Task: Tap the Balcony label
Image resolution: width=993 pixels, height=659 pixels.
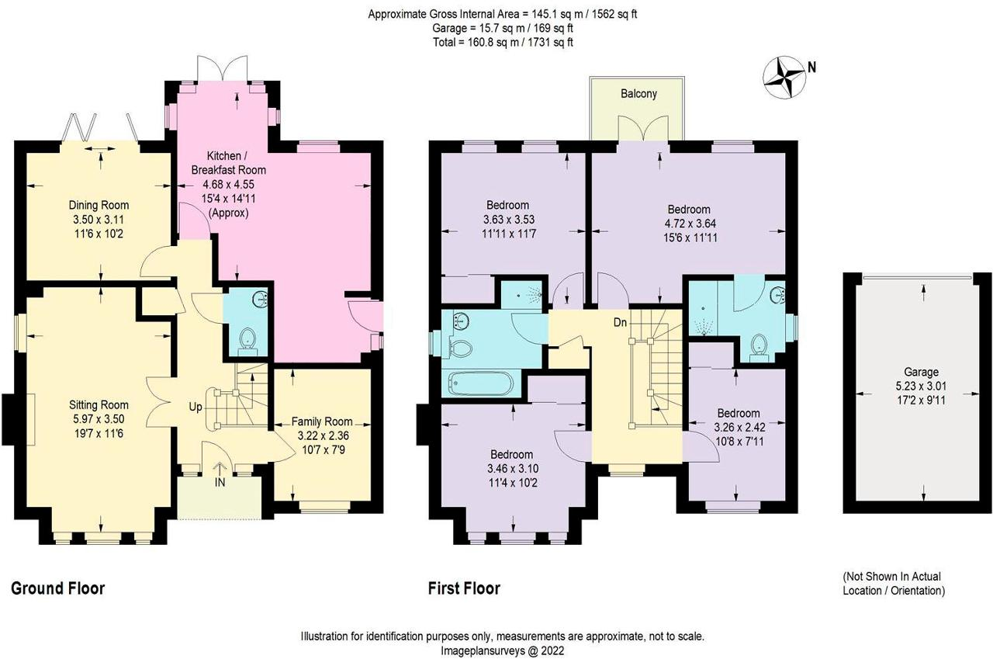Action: [638, 94]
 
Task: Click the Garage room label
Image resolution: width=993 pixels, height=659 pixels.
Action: [920, 372]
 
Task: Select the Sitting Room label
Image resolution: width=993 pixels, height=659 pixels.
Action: [99, 404]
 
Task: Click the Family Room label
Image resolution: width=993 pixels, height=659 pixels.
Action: [322, 421]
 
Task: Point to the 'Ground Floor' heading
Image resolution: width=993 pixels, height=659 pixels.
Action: [57, 588]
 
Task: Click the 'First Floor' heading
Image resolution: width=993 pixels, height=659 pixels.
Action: [464, 588]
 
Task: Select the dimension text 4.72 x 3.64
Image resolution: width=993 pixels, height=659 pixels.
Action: [688, 224]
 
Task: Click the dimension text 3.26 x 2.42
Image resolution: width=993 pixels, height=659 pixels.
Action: [738, 427]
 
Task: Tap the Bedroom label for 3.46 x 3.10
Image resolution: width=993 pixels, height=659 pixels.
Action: [511, 454]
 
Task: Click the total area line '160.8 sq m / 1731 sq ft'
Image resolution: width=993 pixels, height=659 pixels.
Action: [503, 42]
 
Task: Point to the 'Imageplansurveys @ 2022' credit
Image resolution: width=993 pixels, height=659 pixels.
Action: [503, 650]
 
